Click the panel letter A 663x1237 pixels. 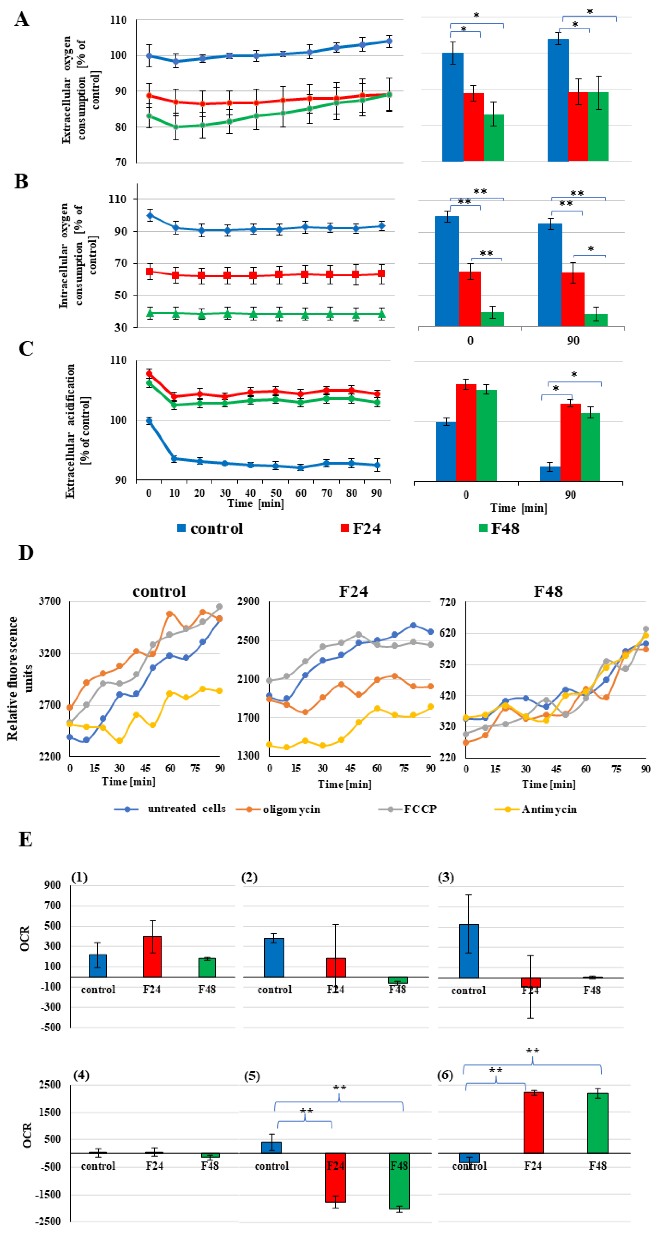tap(22, 19)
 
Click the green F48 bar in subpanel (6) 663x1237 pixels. tap(597, 1123)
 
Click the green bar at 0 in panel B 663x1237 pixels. tap(492, 319)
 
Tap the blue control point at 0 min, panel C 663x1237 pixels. tap(149, 421)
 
